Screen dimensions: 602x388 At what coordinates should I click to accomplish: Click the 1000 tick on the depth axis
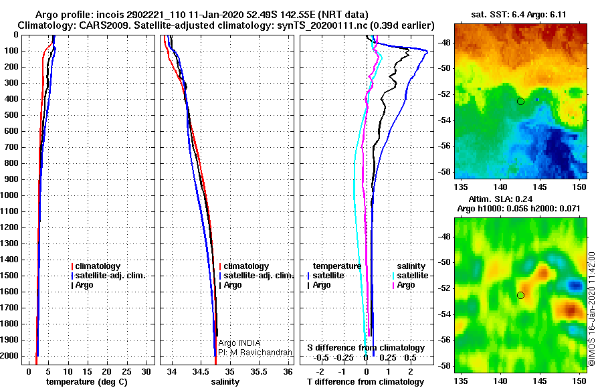coord(9,195)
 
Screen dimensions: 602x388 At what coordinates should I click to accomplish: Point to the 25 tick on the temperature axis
coord(126,372)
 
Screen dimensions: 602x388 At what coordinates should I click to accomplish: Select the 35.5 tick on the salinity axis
coord(259,372)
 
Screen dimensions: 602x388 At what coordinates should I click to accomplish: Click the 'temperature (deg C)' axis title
coord(87,382)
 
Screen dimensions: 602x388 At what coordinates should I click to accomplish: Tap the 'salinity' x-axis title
coord(225,382)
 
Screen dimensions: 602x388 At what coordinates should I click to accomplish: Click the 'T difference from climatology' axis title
coord(366,382)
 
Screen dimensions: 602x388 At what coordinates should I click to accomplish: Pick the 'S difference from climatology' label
coord(366,348)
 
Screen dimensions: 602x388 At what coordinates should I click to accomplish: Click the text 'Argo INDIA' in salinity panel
coord(239,343)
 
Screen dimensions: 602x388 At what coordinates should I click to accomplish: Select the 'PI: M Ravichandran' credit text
coord(256,353)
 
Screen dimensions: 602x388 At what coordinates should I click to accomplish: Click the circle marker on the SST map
coord(520,102)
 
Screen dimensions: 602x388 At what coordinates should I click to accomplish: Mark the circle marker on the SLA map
coord(520,296)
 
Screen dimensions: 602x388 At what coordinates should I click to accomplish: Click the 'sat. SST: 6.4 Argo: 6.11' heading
coord(518,15)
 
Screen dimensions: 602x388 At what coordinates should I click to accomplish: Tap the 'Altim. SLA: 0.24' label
coord(500,199)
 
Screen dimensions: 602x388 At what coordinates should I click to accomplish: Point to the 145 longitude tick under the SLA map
coord(540,381)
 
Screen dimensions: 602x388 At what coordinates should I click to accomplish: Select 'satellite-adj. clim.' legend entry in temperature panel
coord(108,276)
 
